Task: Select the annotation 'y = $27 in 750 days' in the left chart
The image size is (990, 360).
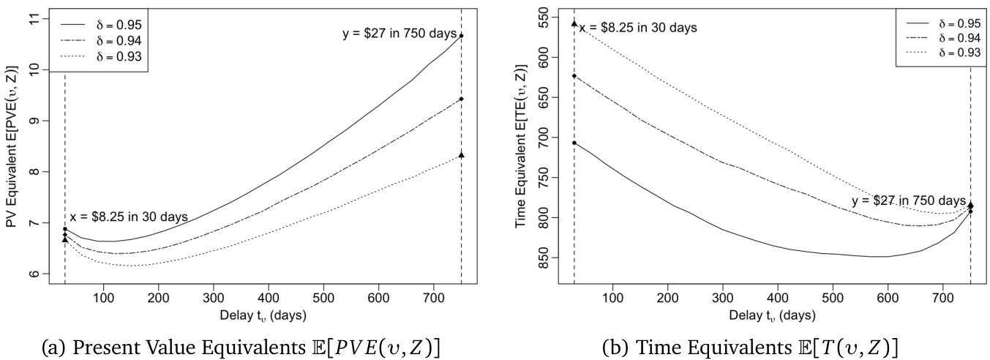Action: tap(400, 34)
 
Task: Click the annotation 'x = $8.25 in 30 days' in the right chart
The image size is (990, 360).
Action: tap(638, 28)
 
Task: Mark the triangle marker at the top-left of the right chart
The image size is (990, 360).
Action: tap(574, 23)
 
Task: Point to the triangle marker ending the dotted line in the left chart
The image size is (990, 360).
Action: tap(461, 154)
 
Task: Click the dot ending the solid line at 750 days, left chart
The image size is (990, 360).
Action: tap(461, 35)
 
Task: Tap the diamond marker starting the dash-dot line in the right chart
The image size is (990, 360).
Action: tap(574, 75)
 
